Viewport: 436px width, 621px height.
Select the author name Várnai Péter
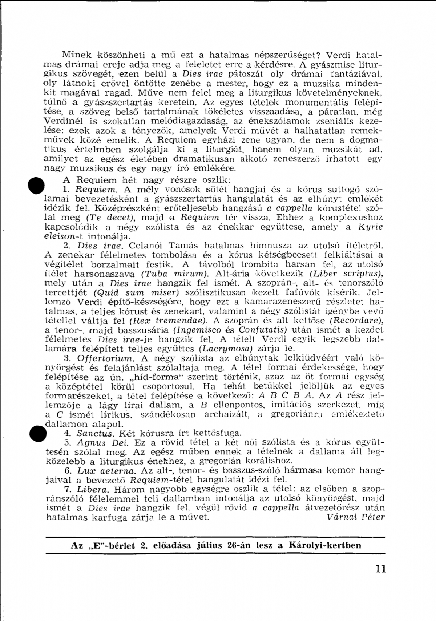click(355, 517)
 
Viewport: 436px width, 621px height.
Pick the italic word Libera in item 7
click(88, 489)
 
